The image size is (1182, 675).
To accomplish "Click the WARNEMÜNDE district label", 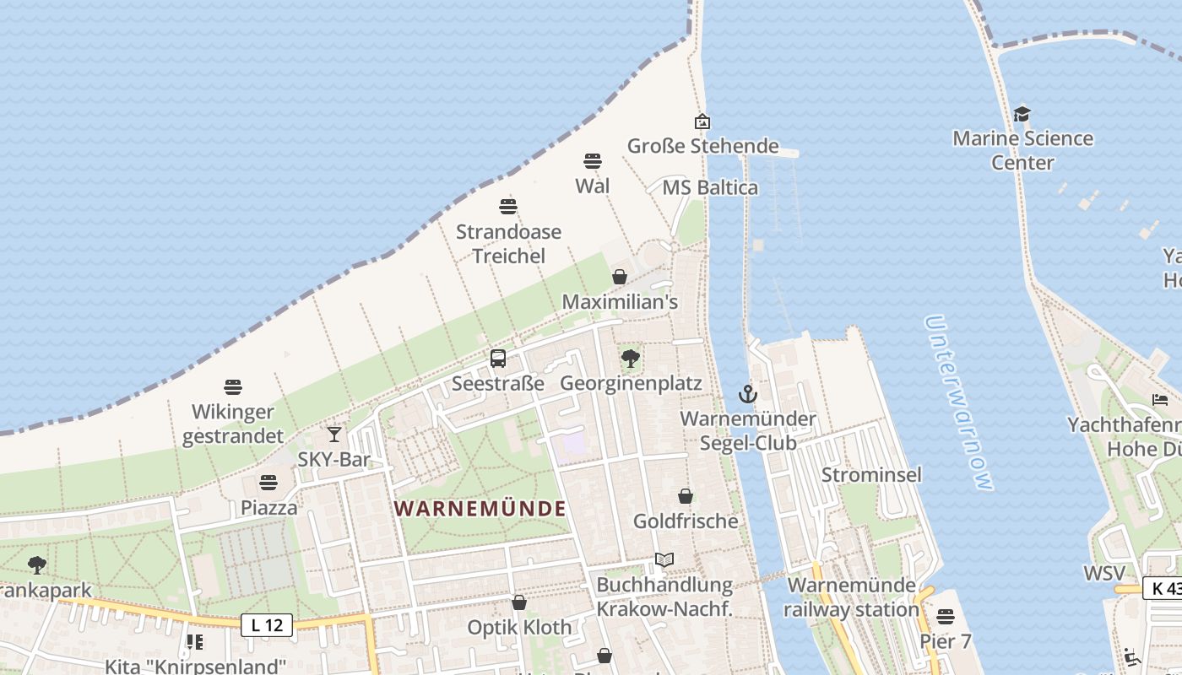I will click(x=480, y=509).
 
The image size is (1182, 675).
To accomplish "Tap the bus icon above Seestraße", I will click(x=498, y=359).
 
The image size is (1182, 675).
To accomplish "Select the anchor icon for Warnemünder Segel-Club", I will click(x=747, y=394).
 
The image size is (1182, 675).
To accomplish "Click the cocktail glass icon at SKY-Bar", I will click(x=334, y=434).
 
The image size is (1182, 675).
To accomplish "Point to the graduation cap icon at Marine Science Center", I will click(x=1022, y=114).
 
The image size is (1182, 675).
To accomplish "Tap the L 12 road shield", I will click(x=267, y=625).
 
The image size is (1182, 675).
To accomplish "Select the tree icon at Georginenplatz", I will click(x=630, y=359).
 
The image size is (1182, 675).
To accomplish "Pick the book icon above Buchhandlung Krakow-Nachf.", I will click(x=664, y=560).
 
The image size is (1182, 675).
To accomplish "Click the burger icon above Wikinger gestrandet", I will click(x=233, y=387).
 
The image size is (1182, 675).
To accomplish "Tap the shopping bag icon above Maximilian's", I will click(x=620, y=277).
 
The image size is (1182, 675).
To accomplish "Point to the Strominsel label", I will click(x=871, y=474).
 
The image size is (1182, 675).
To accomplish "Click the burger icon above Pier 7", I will click(x=946, y=617).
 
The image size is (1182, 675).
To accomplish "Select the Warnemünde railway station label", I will click(x=851, y=597).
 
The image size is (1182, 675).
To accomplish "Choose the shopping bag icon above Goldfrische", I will click(x=686, y=496).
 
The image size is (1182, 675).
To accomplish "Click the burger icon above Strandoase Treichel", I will click(x=508, y=207).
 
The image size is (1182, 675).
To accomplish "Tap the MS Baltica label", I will click(x=710, y=187).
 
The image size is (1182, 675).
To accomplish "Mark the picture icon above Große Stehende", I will click(x=702, y=121).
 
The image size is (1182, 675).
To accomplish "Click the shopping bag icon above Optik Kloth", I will click(x=519, y=602).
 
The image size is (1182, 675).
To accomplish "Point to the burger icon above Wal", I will click(x=593, y=161).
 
